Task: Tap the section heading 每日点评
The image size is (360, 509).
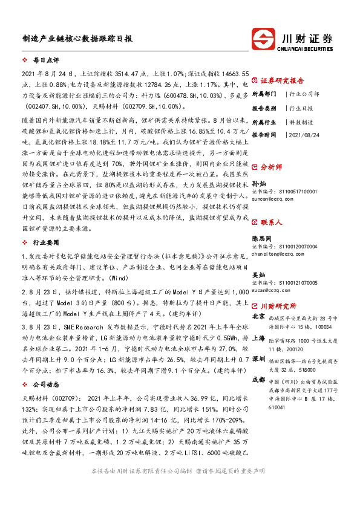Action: pyautogui.click(x=46, y=61)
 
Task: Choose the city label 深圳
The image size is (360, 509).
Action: pyautogui.click(x=258, y=358)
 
